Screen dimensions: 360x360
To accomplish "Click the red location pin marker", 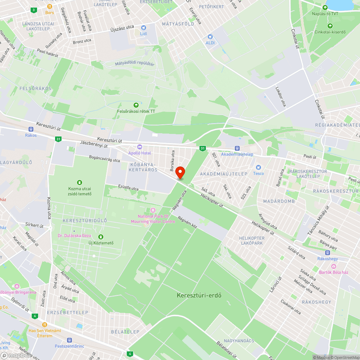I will [x=180, y=172].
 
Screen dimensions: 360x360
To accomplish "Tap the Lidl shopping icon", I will [x=144, y=28].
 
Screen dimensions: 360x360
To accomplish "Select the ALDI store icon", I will [x=210, y=37].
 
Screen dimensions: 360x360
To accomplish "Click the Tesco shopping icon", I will [x=258, y=167].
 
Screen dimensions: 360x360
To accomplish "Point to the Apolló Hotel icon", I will [x=140, y=147].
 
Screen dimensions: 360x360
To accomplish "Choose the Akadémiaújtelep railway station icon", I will [x=237, y=148].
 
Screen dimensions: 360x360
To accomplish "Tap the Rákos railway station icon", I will [x=31, y=129].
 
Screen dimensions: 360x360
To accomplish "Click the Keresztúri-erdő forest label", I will [x=199, y=295].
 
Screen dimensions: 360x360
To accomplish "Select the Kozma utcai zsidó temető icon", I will [x=80, y=183].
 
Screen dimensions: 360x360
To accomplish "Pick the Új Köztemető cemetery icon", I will [x=101, y=237].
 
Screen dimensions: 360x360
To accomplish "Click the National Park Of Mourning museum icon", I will [x=153, y=210].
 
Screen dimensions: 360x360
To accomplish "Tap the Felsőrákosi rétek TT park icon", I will [x=136, y=105].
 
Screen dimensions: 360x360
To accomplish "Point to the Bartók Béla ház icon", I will [x=333, y=266].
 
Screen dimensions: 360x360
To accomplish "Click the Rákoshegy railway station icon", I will [x=328, y=252].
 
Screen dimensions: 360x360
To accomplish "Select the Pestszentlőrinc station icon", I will [x=69, y=340].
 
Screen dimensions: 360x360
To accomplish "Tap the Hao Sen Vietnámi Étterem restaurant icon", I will [x=45, y=324].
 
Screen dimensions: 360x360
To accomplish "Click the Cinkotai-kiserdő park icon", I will [x=330, y=26].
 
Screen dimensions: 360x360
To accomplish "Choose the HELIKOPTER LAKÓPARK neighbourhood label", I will [x=252, y=240].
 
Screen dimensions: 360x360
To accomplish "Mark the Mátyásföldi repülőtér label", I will [x=135, y=64].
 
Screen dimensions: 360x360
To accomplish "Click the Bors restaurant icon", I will [x=50, y=6].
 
